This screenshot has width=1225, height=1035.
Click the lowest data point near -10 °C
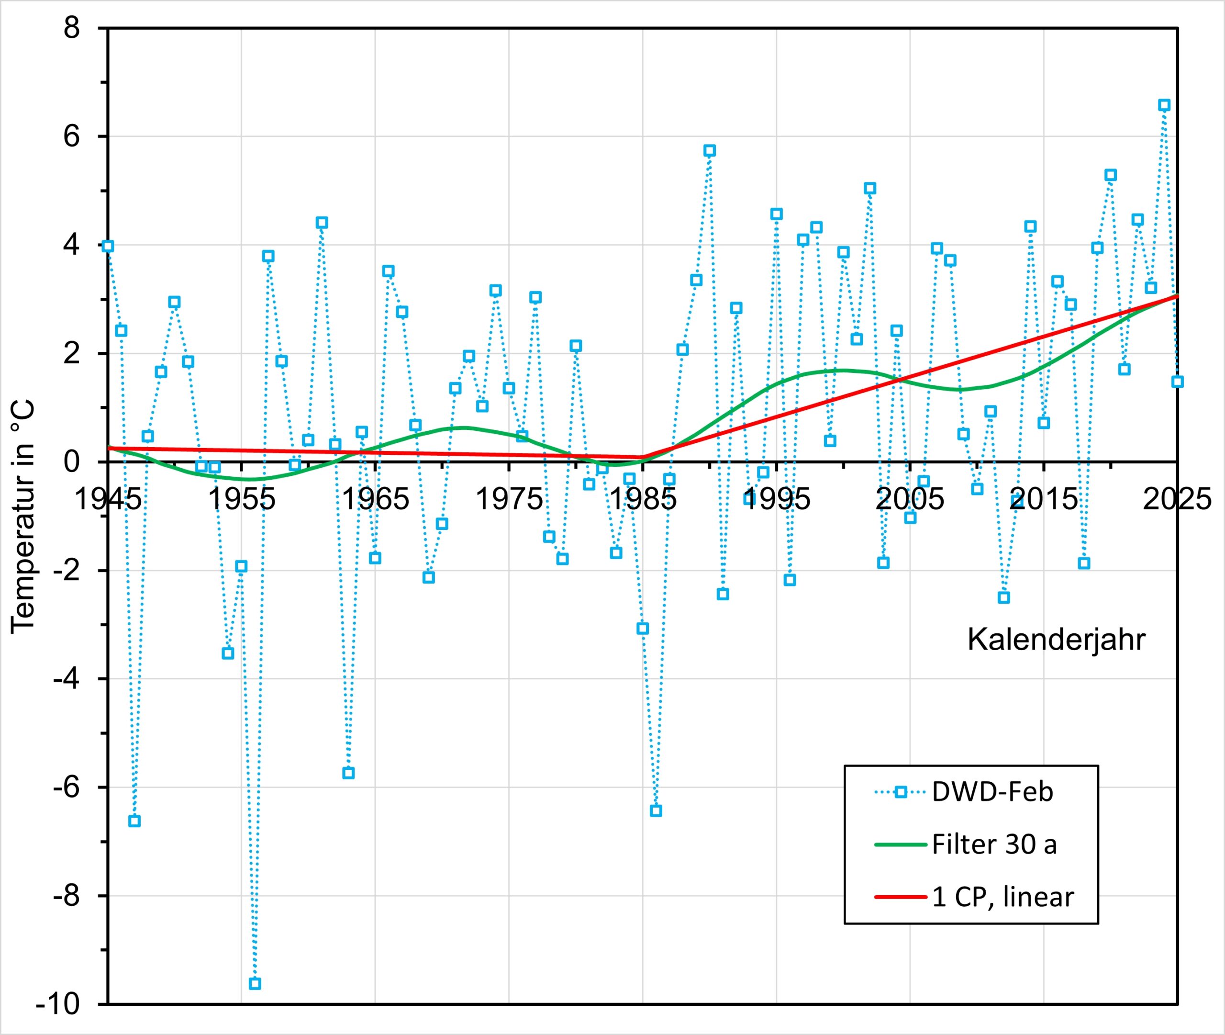(x=255, y=984)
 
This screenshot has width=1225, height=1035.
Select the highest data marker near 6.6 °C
(x=1164, y=105)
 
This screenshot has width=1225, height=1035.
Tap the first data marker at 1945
(x=108, y=246)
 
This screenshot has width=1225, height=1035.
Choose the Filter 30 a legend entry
(x=994, y=844)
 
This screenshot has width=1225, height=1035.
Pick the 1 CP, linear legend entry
(x=1002, y=897)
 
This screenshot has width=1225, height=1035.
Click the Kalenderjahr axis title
(x=1056, y=640)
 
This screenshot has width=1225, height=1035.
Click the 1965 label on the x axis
(x=375, y=500)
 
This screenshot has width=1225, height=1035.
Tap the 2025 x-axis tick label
(x=1176, y=500)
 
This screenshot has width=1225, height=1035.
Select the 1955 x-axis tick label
(x=242, y=500)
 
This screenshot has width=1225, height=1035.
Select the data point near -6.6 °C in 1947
(x=134, y=821)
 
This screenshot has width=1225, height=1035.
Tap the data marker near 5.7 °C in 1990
(x=710, y=151)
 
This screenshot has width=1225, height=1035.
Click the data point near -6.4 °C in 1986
(x=656, y=811)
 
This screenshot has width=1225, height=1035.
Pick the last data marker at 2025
(x=1177, y=382)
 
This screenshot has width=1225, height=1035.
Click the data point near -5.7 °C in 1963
(x=348, y=773)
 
